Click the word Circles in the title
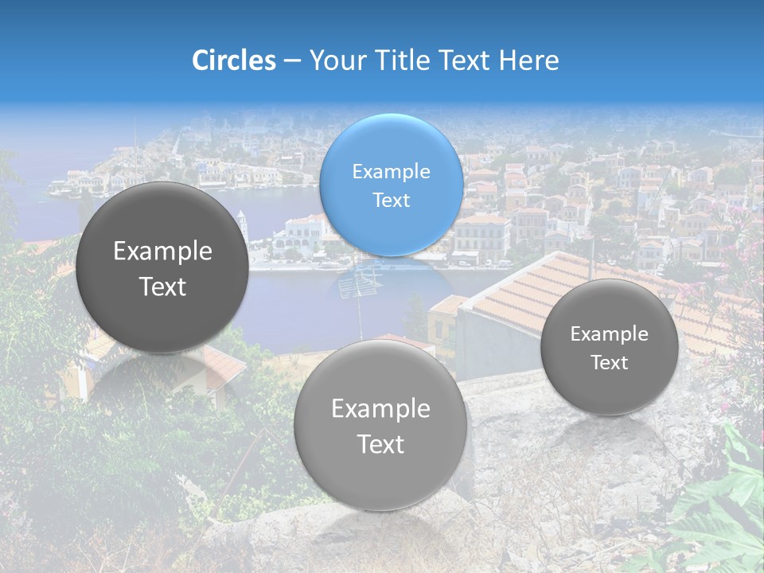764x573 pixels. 233,60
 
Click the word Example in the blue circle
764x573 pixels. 391,171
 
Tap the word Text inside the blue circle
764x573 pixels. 391,200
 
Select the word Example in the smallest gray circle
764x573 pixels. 609,334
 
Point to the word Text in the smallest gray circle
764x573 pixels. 610,363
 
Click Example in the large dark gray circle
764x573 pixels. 162,251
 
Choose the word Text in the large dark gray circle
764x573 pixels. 162,286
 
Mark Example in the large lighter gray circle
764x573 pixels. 380,409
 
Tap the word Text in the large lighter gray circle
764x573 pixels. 380,444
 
